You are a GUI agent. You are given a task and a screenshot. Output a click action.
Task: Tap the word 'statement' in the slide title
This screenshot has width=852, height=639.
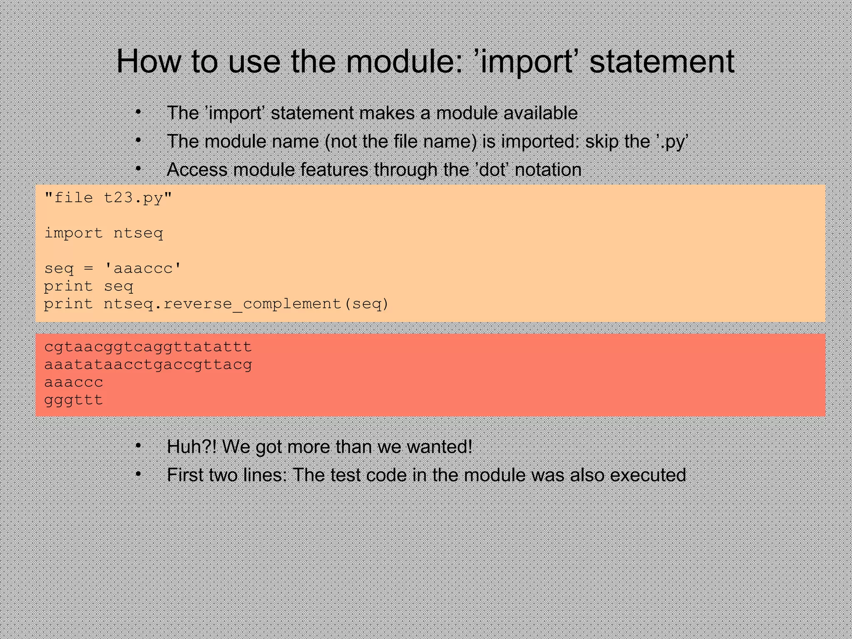point(662,62)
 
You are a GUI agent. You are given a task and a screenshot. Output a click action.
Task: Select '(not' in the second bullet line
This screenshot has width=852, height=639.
point(340,141)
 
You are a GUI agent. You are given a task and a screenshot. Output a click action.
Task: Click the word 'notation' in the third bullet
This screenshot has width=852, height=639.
point(548,170)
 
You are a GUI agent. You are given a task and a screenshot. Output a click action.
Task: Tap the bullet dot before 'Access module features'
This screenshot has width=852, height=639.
point(139,169)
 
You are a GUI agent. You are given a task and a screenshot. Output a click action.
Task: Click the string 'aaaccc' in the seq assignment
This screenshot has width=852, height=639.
point(143,269)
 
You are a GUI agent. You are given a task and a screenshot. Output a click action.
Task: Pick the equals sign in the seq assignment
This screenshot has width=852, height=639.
point(88,269)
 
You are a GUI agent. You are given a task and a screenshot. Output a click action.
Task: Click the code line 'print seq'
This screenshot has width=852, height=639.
point(89,287)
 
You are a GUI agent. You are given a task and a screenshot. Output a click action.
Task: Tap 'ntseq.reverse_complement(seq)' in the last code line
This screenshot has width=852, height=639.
point(246,304)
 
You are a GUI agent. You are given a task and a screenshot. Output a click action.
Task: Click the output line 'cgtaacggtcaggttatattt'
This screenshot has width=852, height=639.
point(148,347)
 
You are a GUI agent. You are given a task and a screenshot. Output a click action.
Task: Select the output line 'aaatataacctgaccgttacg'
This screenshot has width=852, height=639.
point(148,365)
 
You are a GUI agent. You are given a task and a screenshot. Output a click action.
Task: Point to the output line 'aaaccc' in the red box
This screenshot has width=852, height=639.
point(74,382)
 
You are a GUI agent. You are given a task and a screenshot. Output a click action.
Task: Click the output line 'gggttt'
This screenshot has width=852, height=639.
point(74,400)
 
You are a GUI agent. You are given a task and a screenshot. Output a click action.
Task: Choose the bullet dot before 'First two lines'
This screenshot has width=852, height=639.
point(139,474)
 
